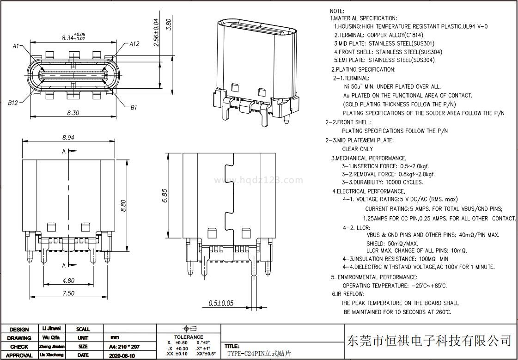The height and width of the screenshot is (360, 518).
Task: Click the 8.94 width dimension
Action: pyautogui.click(x=68, y=138)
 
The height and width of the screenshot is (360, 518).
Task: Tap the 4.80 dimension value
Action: pyautogui.click(x=68, y=281)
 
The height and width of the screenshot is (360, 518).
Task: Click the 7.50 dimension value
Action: pyautogui.click(x=68, y=293)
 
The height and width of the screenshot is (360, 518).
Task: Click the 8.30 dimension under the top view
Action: pyautogui.click(x=73, y=113)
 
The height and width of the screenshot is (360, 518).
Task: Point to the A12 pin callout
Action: pyautogui.click(x=134, y=44)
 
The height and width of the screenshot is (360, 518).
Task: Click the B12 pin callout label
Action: pyautogui.click(x=13, y=103)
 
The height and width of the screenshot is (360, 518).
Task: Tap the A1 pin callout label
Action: pyautogui.click(x=16, y=46)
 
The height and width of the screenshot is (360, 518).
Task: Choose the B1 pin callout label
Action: pyautogui.click(x=134, y=107)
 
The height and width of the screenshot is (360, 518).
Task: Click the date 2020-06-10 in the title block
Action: pyautogui.click(x=122, y=355)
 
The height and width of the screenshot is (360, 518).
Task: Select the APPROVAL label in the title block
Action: pyautogui.click(x=19, y=355)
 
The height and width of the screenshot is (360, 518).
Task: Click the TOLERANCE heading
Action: pyautogui.click(x=188, y=337)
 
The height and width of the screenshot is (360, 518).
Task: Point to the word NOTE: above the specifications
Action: pyautogui.click(x=337, y=11)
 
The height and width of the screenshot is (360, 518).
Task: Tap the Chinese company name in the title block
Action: pyautogui.click(x=429, y=341)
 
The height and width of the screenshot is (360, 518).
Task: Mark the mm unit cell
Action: pyautogui.click(x=115, y=338)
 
